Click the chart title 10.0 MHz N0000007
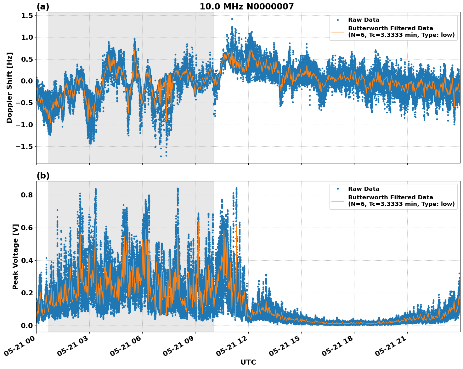[246, 7]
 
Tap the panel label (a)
[43, 7]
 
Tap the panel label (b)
[43, 176]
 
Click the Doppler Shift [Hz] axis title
[9, 88]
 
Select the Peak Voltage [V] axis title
[15, 257]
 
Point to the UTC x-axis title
[248, 362]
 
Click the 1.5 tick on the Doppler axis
[27, 15]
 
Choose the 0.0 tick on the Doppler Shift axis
[27, 81]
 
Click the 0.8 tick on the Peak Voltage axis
[27, 195]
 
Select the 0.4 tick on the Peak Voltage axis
[27, 260]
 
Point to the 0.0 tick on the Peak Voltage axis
[27, 326]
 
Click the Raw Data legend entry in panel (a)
[364, 20]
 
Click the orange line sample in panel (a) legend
[338, 32]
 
